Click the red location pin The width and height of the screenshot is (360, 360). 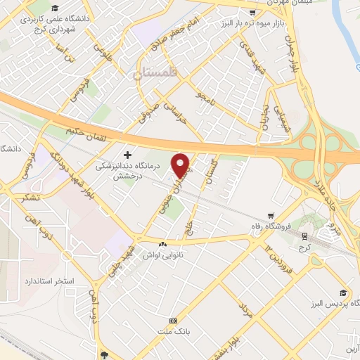[181, 165]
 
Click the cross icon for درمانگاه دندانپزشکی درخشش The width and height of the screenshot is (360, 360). [127, 155]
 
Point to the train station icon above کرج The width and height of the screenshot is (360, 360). [304, 236]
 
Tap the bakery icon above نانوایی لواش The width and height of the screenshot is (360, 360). [163, 243]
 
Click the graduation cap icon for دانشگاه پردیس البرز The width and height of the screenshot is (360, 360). [342, 292]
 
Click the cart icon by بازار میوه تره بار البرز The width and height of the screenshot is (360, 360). [251, 12]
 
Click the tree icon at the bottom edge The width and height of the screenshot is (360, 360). [104, 355]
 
